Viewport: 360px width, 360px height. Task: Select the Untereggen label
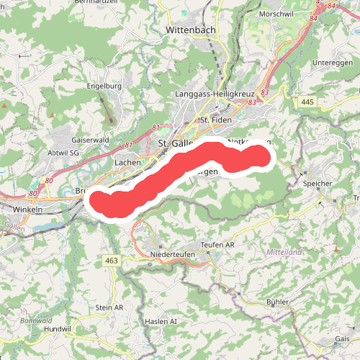pyautogui.click(x=332, y=63)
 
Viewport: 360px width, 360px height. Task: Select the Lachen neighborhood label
pyautogui.click(x=127, y=163)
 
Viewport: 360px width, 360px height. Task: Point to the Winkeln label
pyautogui.click(x=28, y=209)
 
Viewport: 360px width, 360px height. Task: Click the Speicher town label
pyautogui.click(x=318, y=184)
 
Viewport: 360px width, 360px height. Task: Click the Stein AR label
pyautogui.click(x=109, y=307)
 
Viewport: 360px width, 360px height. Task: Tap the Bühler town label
pyautogui.click(x=277, y=302)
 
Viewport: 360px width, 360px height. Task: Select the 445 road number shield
pyautogui.click(x=307, y=103)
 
